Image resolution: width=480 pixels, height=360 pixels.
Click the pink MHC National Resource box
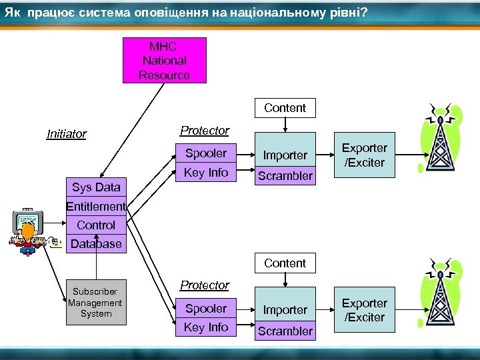coord(164,60)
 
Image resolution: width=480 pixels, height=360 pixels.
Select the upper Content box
coord(285,108)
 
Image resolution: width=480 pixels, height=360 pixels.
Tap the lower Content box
coord(285,263)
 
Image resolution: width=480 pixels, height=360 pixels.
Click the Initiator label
coord(67,134)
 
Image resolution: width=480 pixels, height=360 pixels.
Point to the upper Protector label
coord(205,131)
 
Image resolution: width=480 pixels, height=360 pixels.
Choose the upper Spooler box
coord(206,153)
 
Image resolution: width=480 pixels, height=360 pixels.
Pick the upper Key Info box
coord(206,173)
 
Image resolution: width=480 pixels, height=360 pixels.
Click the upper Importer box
coord(285,155)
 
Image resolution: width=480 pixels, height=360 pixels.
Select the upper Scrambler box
coord(285,176)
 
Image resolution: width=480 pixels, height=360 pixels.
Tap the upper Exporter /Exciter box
coord(365,155)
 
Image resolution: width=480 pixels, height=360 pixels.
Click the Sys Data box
coord(96,187)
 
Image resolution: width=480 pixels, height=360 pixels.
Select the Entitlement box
coord(96,207)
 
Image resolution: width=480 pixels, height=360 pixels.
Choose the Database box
coord(96,244)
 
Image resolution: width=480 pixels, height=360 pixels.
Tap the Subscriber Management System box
coord(96,302)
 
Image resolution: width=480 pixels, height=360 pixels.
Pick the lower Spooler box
coord(206,309)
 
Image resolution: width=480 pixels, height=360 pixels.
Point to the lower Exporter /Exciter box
coord(365,310)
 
